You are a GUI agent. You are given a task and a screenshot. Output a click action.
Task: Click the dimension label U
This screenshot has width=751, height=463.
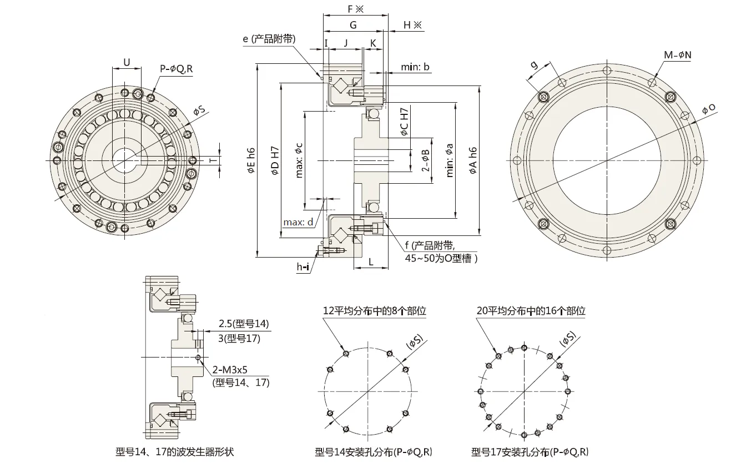pos(127,63)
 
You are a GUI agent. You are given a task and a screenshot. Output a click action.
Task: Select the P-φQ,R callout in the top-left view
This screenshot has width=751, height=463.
pos(177,69)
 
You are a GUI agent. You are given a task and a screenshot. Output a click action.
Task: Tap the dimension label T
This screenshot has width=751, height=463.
pos(213,159)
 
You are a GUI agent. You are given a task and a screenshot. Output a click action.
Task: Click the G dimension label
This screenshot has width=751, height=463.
pos(353,25)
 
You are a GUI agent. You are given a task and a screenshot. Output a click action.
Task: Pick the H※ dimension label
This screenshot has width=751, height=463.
pos(412,25)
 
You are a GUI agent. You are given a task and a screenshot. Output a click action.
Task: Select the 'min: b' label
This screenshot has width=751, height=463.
pos(415,67)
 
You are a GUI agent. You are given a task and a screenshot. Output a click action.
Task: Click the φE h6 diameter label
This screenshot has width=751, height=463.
pos(251,160)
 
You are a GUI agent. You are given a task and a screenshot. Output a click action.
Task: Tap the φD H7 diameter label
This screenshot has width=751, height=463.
pos(274,160)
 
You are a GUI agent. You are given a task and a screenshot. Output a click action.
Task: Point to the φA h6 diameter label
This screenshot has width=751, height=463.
pos(472,160)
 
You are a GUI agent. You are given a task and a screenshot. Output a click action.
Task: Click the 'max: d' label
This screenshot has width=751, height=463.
pos(298,223)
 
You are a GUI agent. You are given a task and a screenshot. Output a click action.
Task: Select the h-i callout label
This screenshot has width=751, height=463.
pos(303,267)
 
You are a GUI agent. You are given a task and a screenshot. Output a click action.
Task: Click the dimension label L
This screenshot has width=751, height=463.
pos(370,260)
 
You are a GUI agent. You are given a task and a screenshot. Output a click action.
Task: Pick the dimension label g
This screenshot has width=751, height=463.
pos(534,66)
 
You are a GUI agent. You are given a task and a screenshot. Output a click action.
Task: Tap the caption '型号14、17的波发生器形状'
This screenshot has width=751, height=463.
pos(174,452)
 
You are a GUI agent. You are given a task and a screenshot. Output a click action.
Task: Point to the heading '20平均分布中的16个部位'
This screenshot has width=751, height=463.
pos(531,311)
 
